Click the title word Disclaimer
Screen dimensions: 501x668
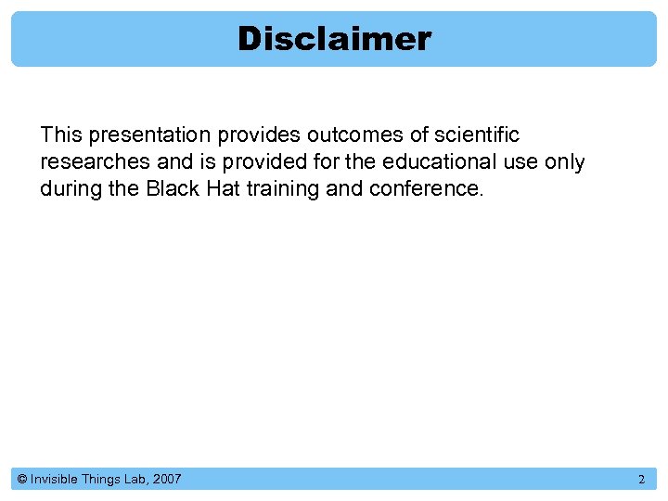[334, 39]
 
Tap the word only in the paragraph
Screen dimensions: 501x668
[564, 162]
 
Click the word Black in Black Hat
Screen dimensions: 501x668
[169, 189]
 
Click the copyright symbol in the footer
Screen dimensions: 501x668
[21, 480]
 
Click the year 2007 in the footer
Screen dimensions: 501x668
[167, 480]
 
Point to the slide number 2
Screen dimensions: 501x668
[641, 480]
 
